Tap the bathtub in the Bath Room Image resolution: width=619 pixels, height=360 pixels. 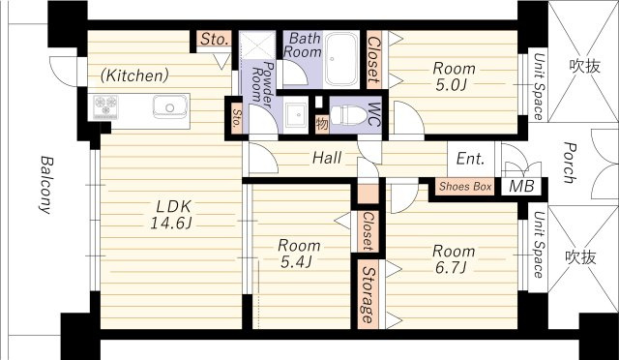(341, 59)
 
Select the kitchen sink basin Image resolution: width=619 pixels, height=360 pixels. (170, 106)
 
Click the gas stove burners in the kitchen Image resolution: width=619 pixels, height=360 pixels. (105, 105)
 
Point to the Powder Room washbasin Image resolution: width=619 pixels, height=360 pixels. (295, 114)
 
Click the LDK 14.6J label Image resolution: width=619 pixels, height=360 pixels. (171, 215)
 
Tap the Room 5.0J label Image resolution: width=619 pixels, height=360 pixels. (454, 76)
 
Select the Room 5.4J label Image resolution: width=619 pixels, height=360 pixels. (299, 254)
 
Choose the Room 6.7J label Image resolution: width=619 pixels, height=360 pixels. (454, 258)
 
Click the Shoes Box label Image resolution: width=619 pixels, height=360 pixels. (465, 186)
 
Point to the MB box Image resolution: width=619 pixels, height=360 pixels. (521, 186)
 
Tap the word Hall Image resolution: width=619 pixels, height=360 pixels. (327, 158)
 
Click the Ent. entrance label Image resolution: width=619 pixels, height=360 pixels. (470, 159)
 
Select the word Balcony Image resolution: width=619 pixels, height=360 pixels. (46, 185)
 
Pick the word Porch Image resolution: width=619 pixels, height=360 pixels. (569, 163)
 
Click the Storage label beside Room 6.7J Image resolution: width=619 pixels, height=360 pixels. (368, 295)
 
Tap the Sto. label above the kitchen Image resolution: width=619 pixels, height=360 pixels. (215, 39)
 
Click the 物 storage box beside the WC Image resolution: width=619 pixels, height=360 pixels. (322, 124)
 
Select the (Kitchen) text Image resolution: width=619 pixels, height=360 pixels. (134, 75)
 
